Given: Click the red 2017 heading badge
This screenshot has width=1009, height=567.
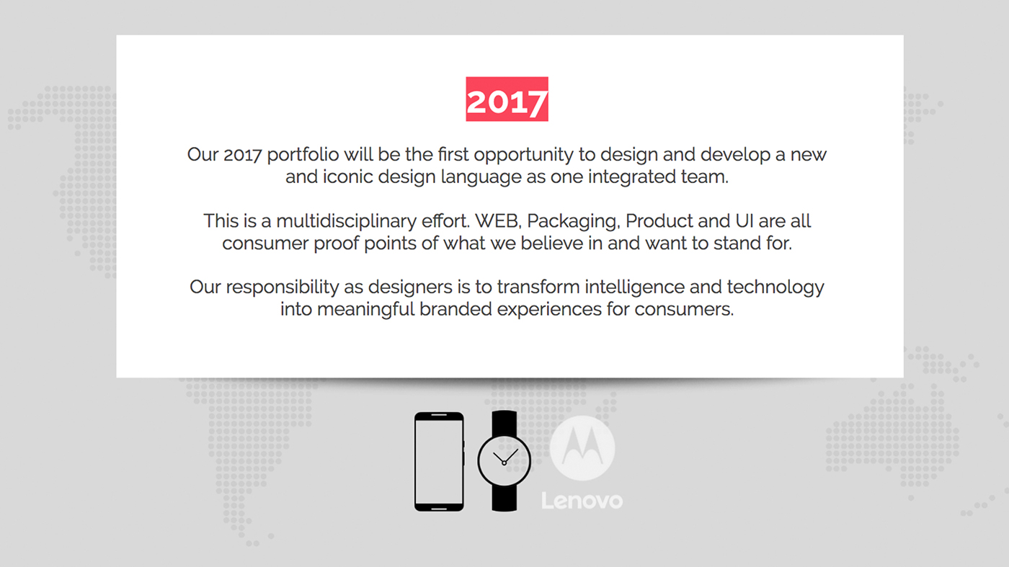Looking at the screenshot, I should pyautogui.click(x=507, y=99).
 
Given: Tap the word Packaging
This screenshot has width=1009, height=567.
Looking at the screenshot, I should pyautogui.click(x=573, y=221).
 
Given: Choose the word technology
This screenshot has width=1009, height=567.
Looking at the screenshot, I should pyautogui.click(x=775, y=287).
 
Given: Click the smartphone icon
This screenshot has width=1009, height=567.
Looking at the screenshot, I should pyautogui.click(x=439, y=461).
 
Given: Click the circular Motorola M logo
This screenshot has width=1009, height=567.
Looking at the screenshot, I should pyautogui.click(x=582, y=447).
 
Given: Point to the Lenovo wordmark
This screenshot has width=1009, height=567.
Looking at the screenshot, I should pyautogui.click(x=582, y=500).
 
